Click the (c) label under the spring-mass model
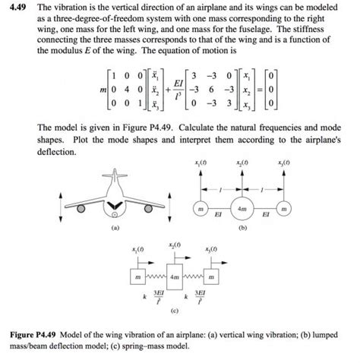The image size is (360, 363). click(x=174, y=312)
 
